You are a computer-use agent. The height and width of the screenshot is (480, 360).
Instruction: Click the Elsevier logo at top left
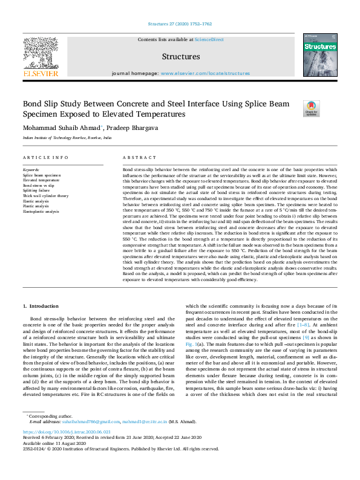(41, 58)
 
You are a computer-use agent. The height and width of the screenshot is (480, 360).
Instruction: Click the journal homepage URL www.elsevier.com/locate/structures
(205, 73)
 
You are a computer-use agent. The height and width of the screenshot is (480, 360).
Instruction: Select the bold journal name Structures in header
(181, 56)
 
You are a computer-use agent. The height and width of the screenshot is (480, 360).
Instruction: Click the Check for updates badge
(311, 109)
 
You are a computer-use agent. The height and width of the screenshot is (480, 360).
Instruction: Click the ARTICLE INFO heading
(45, 157)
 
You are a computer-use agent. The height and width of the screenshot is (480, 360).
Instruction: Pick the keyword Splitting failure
(37, 190)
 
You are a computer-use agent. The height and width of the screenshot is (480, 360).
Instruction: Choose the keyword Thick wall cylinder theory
(45, 196)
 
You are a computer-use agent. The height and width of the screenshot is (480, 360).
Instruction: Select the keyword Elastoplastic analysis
(41, 212)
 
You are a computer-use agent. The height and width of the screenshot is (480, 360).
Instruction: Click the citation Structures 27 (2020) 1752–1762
(180, 25)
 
